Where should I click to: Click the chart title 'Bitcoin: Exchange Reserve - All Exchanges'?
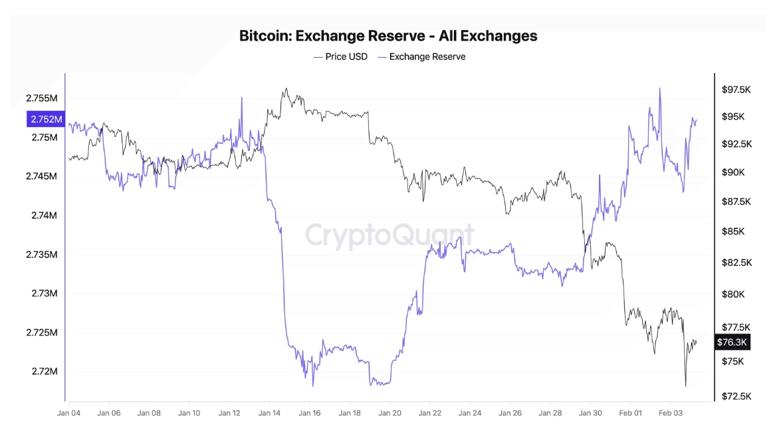[x=388, y=36]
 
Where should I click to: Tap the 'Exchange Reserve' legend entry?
[x=427, y=56]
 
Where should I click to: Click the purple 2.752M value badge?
[x=45, y=120]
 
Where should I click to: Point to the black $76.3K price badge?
[x=733, y=342]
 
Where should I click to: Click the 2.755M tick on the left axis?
[x=42, y=98]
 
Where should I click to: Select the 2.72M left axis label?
[x=45, y=371]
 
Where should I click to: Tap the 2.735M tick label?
[x=42, y=255]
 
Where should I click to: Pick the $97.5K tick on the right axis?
[x=736, y=90]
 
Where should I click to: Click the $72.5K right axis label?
[x=736, y=396]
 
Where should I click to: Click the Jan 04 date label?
[x=69, y=412]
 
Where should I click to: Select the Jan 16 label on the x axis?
[x=309, y=412]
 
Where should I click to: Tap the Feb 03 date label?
[x=670, y=412]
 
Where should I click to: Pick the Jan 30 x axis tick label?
[x=590, y=412]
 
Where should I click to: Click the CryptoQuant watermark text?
[x=389, y=236]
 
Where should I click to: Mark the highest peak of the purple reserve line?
[x=659, y=88]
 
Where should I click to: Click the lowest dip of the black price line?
[x=685, y=385]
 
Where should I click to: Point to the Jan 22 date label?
[x=430, y=412]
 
